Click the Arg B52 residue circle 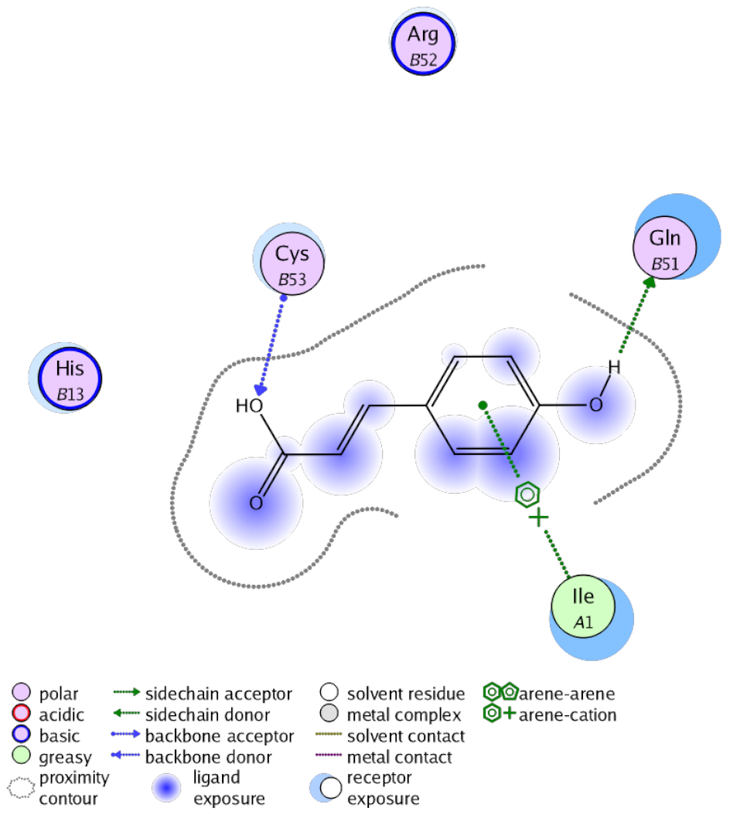[424, 42]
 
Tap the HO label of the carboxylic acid [249, 405]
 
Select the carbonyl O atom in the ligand [256, 504]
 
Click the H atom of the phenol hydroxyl [613, 366]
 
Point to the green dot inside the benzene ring [482, 404]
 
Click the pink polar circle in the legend [22, 694]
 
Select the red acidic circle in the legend [22, 714]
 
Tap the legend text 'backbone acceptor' [220, 735]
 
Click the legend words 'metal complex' [404, 714]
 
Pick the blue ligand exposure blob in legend [169, 786]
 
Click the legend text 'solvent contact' [406, 735]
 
